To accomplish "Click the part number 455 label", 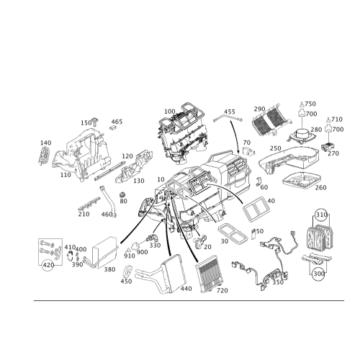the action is click(230, 112).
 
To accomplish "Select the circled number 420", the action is click(48, 265).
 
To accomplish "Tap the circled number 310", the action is click(321, 215).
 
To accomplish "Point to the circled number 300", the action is click(319, 274).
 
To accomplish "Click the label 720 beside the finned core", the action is click(222, 291).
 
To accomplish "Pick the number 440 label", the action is click(186, 289).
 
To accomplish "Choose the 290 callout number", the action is click(259, 109).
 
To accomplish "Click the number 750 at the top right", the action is click(310, 104).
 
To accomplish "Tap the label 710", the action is click(337, 120).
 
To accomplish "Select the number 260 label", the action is click(321, 187).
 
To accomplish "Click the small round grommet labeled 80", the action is click(123, 194).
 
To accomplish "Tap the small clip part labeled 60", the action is click(258, 181).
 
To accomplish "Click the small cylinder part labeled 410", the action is click(71, 256).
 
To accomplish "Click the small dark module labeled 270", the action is click(328, 146).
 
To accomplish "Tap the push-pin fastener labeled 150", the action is click(96, 122).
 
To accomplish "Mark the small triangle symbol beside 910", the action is click(128, 251).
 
